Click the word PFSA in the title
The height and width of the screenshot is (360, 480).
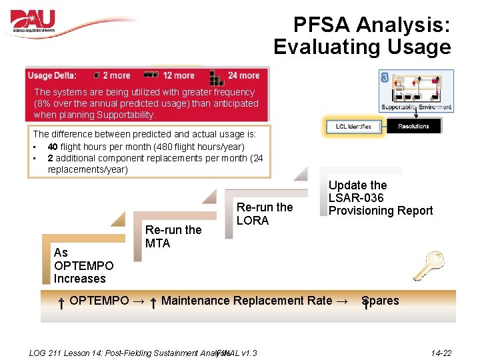click(322, 26)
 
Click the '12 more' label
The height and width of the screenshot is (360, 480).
click(178, 75)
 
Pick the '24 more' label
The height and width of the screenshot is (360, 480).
click(243, 75)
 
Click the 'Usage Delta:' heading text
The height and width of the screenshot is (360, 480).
click(52, 75)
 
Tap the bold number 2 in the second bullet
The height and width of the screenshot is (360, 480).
click(51, 158)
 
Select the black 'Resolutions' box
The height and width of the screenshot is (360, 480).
click(413, 126)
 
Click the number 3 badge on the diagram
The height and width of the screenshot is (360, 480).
click(385, 77)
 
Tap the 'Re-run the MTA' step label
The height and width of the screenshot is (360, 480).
click(173, 237)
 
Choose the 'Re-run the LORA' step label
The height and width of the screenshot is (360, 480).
click(265, 213)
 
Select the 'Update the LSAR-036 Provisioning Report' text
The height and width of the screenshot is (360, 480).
click(380, 198)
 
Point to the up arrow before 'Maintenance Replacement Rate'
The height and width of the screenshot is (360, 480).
click(153, 303)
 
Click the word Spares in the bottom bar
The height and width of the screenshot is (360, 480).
click(381, 301)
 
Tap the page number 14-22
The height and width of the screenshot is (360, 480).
click(441, 353)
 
